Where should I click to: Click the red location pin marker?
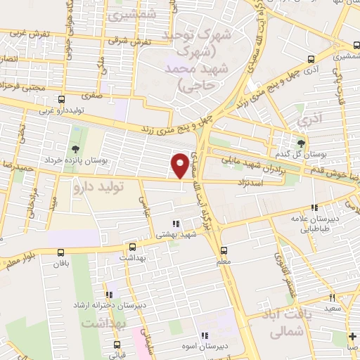[x=181, y=165]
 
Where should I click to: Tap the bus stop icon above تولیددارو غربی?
[x=61, y=99]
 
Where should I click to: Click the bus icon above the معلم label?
[x=224, y=250]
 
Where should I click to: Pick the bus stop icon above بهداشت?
[x=131, y=247]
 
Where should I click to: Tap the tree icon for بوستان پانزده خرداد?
[x=75, y=148]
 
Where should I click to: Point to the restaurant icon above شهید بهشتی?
[x=175, y=224]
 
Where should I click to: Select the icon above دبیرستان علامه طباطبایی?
[x=316, y=207]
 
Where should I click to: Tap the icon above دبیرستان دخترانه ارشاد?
[x=108, y=294]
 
